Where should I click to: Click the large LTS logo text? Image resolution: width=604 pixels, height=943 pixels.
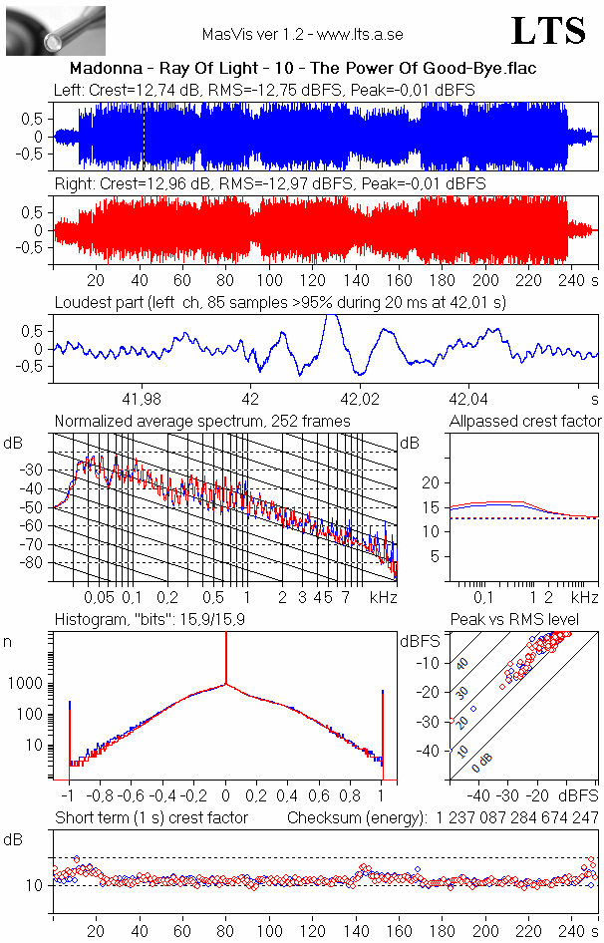[x=548, y=32]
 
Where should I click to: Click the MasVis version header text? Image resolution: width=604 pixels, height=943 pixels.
[x=302, y=35]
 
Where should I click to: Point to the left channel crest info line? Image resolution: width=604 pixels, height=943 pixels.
[x=264, y=90]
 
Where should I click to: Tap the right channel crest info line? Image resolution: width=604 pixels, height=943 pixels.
[x=270, y=183]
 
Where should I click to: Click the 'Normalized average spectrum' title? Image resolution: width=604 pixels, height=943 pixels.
[x=202, y=422]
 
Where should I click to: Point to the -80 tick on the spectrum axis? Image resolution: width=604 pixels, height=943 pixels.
[x=37, y=563]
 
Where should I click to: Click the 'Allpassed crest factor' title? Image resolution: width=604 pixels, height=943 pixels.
[x=525, y=422]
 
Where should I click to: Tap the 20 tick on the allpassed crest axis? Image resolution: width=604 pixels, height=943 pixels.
[x=432, y=482]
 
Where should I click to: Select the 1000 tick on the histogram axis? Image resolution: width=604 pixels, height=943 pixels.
[x=29, y=684]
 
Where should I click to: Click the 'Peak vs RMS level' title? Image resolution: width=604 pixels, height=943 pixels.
[x=527, y=621]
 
